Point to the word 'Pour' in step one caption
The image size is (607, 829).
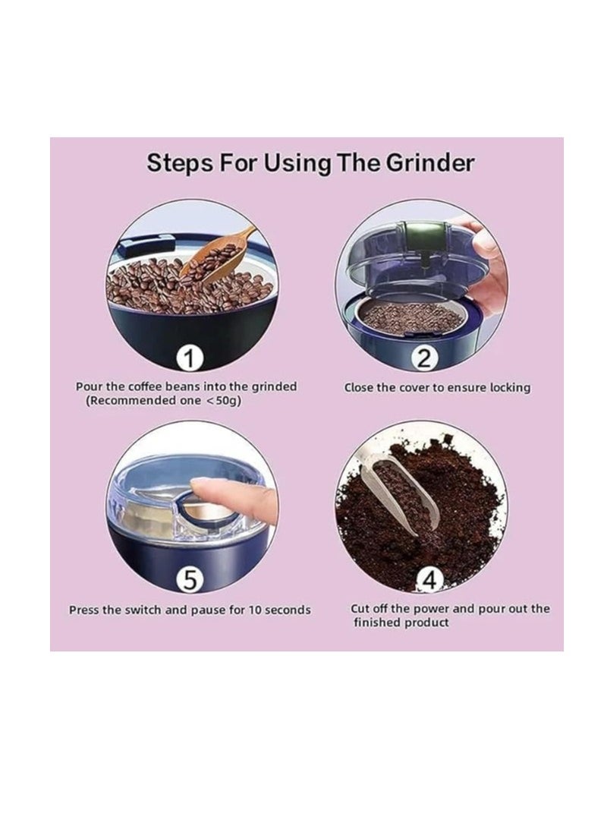click(x=87, y=386)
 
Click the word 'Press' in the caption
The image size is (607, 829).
click(x=84, y=610)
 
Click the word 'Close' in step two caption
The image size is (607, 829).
click(x=360, y=387)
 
